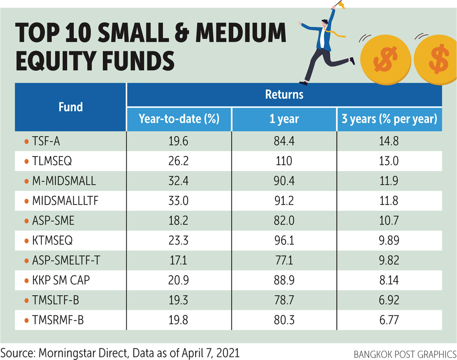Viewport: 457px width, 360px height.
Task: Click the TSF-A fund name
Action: click(46, 141)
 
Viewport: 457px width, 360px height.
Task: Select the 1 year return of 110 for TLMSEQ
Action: click(284, 161)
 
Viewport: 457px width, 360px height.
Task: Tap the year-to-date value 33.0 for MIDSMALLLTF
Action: click(179, 201)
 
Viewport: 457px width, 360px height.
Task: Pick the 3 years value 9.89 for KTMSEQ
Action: click(389, 241)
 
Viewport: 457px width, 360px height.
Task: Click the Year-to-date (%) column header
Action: click(179, 119)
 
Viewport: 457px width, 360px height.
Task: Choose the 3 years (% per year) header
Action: click(389, 119)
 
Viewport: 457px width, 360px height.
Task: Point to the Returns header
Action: click(284, 94)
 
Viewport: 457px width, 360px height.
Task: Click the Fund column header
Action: click(71, 107)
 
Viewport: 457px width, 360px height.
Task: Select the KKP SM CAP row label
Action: click(61, 280)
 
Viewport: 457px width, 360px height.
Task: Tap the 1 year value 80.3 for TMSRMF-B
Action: click(284, 320)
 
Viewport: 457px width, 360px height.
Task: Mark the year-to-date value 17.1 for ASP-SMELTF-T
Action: click(179, 260)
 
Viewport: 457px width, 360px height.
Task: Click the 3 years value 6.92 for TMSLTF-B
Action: click(389, 300)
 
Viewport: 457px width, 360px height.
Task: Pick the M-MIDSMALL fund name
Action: click(64, 181)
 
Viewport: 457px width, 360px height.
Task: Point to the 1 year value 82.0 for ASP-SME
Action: click(284, 221)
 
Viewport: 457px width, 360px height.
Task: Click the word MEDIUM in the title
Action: click(241, 33)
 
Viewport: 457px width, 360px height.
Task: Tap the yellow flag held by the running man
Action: click(341, 4)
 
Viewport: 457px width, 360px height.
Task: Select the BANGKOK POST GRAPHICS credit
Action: click(405, 354)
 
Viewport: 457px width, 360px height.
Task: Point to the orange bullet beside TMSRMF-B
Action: click(27, 320)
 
